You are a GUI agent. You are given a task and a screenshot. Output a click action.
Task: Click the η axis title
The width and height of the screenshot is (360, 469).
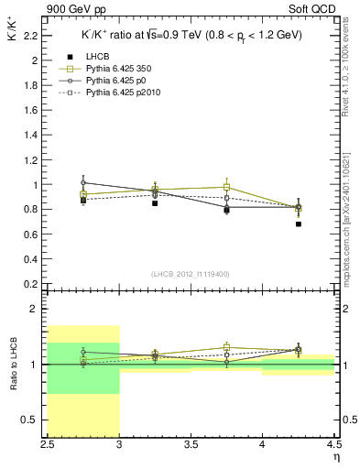335,456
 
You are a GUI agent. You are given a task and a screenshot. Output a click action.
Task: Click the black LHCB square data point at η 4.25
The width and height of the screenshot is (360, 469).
299,224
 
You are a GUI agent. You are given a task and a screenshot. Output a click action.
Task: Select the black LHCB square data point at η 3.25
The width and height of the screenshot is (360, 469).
155,202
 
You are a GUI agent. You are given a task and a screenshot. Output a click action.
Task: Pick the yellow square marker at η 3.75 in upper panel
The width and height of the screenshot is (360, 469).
226,187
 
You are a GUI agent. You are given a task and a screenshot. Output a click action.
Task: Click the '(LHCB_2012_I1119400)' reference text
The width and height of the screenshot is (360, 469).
191,274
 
